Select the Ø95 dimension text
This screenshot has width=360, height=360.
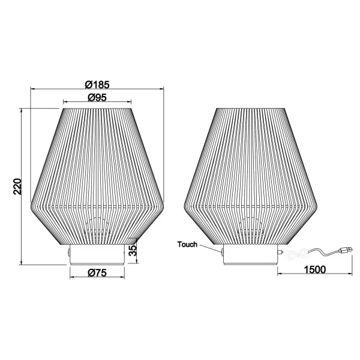point(97,97)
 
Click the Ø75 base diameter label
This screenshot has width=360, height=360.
point(98,273)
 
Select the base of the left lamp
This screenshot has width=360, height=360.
point(98,254)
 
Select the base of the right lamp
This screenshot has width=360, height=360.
point(251,255)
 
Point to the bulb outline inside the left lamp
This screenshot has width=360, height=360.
point(98,231)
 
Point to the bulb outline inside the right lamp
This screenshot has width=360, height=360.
point(251,231)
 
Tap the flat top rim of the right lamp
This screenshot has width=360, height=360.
point(251,109)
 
